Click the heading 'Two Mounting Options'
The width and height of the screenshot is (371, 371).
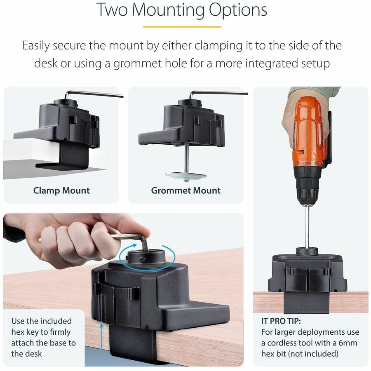point(182,10)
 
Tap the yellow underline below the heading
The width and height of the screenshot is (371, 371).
point(182,27)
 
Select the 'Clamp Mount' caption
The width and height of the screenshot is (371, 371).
point(61,190)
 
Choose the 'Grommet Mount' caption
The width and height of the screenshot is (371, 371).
point(185,190)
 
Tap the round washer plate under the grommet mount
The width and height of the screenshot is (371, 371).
point(185,175)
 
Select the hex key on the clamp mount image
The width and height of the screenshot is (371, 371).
point(95,94)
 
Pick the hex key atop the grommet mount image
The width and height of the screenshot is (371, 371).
point(218,93)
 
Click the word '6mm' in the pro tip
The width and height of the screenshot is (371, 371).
point(346,343)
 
